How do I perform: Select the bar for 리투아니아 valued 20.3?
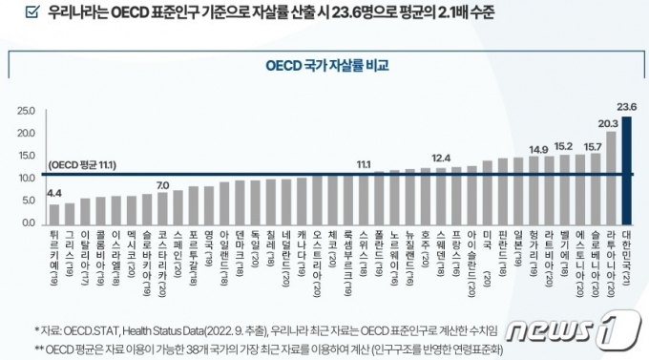[x=611, y=178]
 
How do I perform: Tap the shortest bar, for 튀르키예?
[x=54, y=213]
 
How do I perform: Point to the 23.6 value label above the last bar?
[x=627, y=107]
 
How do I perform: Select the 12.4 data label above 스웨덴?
[x=441, y=158]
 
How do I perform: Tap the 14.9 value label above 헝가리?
[x=538, y=149]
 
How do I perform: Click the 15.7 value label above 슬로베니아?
[x=592, y=146]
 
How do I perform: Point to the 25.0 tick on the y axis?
[x=26, y=112]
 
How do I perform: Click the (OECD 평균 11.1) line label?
[x=82, y=165]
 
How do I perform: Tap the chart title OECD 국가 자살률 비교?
[x=326, y=67]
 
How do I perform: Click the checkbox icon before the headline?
[x=31, y=13]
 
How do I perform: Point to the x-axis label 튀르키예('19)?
[x=54, y=251]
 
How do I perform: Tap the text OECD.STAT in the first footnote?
[x=85, y=327]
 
